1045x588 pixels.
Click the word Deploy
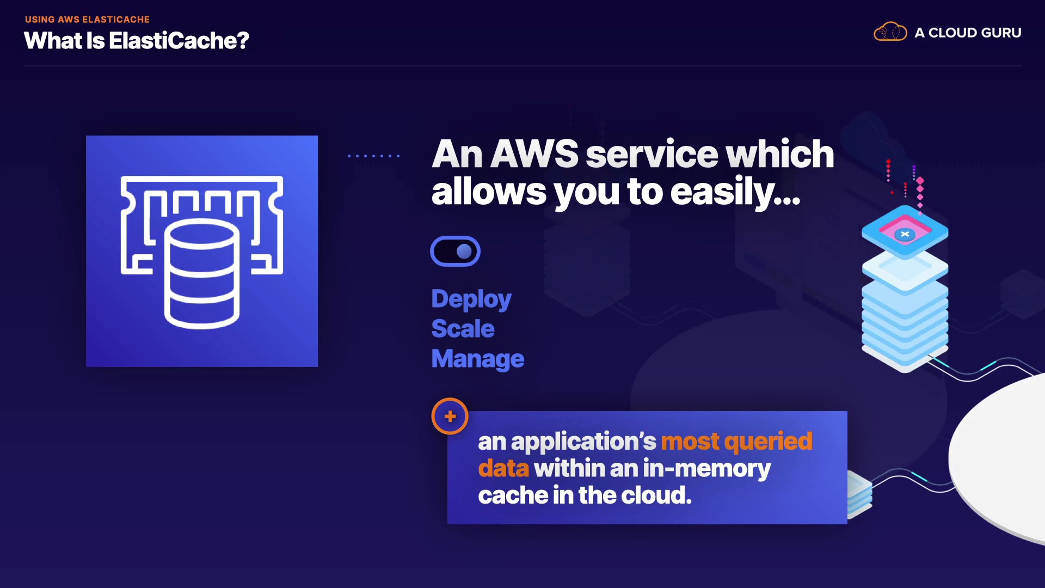(471, 299)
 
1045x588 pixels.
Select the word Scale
(463, 329)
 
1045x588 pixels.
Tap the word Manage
(477, 359)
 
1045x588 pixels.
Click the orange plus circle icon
(450, 416)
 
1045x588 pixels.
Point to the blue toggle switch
(455, 251)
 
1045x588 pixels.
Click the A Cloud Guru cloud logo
(890, 32)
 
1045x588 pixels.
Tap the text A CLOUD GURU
(968, 33)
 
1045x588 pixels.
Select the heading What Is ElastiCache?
(136, 41)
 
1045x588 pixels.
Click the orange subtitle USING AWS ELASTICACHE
(87, 20)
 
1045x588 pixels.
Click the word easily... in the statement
(735, 192)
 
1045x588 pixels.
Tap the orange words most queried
(736, 441)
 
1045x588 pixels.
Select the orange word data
(503, 468)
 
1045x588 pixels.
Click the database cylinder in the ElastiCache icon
(202, 273)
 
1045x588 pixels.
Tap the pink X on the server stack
(905, 234)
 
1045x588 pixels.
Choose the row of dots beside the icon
(374, 156)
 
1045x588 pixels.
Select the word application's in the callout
(583, 442)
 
